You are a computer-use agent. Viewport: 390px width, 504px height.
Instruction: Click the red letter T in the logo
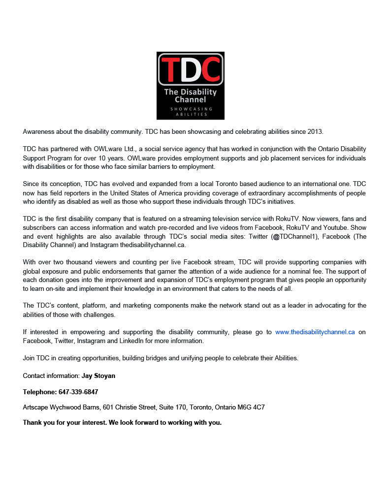coord(170,69)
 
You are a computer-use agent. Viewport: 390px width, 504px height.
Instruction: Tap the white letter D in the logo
coord(190,69)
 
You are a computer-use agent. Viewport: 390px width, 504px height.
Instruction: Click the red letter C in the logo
coord(210,69)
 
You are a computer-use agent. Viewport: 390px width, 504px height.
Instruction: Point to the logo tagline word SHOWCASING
coord(191,108)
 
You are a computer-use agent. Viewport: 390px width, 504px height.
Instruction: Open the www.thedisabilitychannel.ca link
coord(315,332)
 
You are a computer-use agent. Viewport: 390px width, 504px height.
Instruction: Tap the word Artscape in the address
coord(36,408)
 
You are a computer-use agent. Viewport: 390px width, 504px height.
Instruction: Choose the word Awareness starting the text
coord(39,132)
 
